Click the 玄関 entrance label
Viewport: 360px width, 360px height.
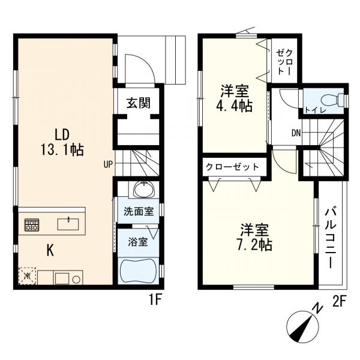pyautogui.click(x=139, y=103)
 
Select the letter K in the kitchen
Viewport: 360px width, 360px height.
pyautogui.click(x=50, y=250)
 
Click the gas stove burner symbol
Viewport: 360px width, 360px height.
pyautogui.click(x=32, y=225)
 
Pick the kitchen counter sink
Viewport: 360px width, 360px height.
pyautogui.click(x=68, y=224)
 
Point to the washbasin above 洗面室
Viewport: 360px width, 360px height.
pyautogui.click(x=144, y=190)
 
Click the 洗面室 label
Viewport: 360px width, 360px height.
pyautogui.click(x=139, y=211)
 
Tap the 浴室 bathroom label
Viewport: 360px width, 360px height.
pyautogui.click(x=137, y=242)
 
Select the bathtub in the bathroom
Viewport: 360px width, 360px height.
pyautogui.click(x=139, y=271)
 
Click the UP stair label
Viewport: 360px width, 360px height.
pyautogui.click(x=108, y=164)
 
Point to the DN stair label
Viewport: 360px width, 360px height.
pyautogui.click(x=296, y=133)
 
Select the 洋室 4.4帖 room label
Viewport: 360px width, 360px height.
pyautogui.click(x=235, y=98)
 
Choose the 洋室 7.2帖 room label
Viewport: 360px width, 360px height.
pyautogui.click(x=254, y=237)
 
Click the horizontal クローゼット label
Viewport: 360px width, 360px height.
pyautogui.click(x=232, y=167)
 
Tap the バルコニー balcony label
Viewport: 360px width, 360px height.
pyautogui.click(x=331, y=237)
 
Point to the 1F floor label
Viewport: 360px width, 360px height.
pyautogui.click(x=156, y=301)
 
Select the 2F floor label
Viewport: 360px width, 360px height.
pyautogui.click(x=339, y=301)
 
